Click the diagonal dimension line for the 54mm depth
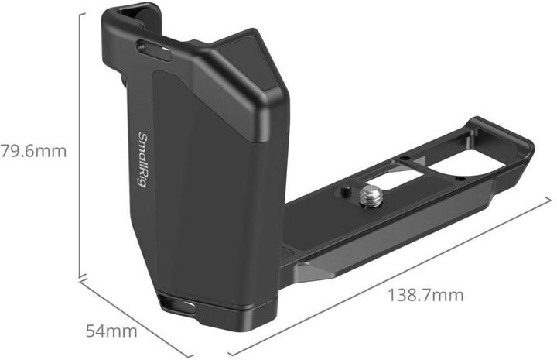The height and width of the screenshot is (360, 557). [124, 306]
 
